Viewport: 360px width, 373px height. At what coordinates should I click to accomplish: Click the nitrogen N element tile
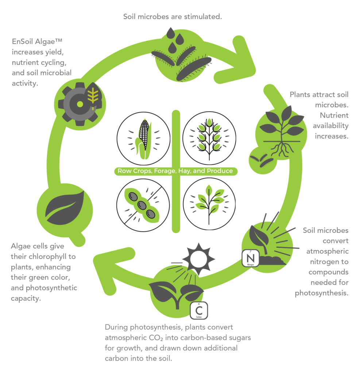click(x=250, y=258)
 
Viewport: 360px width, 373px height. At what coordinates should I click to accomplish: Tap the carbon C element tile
click(x=199, y=310)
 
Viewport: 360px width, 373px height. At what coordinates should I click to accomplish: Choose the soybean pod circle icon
click(x=143, y=205)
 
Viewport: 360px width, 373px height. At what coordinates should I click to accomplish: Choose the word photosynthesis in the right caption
click(x=321, y=293)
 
